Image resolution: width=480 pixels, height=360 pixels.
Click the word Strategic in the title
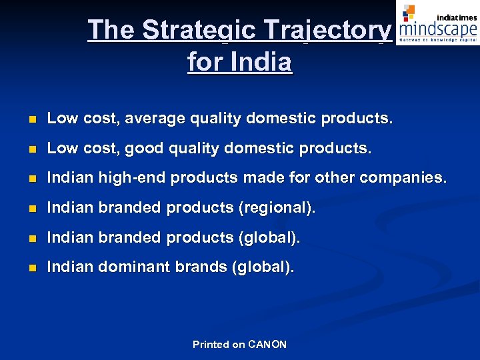[198, 30]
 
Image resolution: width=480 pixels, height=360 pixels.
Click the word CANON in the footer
[267, 345]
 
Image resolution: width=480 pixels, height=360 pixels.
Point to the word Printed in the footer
[211, 345]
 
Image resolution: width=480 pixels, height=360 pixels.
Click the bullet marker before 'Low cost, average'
[25, 119]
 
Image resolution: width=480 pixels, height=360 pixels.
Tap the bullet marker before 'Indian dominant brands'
[25, 268]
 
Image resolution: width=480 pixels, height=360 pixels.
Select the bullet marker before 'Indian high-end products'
[25, 179]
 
